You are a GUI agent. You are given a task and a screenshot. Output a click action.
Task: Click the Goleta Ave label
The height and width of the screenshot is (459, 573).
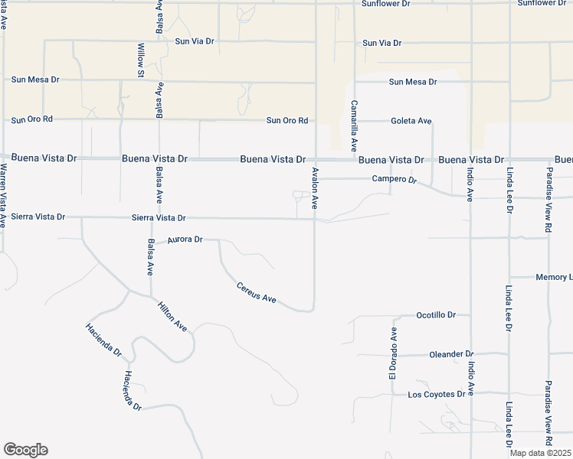pyautogui.click(x=411, y=121)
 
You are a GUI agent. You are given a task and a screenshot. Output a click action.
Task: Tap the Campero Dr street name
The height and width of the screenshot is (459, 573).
pyautogui.click(x=394, y=179)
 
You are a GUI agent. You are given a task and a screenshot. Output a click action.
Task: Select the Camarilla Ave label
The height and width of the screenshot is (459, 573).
pyautogui.click(x=354, y=125)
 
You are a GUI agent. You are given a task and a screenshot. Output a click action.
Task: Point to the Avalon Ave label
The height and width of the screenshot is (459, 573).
pyautogui.click(x=313, y=190)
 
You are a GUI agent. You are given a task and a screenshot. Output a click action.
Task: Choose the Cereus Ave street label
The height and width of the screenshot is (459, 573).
pyautogui.click(x=256, y=293)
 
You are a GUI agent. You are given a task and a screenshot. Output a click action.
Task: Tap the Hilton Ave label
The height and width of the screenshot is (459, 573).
pyautogui.click(x=172, y=316)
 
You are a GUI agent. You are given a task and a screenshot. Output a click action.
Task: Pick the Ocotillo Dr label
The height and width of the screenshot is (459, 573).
pyautogui.click(x=435, y=314)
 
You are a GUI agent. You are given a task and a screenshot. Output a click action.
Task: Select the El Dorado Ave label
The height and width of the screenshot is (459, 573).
pyautogui.click(x=393, y=353)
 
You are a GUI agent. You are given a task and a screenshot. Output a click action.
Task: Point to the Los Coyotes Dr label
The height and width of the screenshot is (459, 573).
pyautogui.click(x=436, y=395)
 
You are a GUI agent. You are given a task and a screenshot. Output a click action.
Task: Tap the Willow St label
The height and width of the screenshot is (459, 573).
pyautogui.click(x=141, y=60)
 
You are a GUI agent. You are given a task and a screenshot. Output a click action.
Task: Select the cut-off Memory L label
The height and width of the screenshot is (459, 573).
pyautogui.click(x=553, y=277)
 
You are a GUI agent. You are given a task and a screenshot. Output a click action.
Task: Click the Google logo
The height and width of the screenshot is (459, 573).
pyautogui.click(x=25, y=450)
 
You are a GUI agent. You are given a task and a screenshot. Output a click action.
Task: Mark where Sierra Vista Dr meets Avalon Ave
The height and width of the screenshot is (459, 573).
pyautogui.click(x=315, y=219)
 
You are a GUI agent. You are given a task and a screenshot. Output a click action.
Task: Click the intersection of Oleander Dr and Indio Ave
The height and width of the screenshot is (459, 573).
pyautogui.click(x=471, y=354)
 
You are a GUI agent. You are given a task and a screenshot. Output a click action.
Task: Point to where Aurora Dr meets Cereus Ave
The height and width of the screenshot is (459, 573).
pyautogui.click(x=220, y=240)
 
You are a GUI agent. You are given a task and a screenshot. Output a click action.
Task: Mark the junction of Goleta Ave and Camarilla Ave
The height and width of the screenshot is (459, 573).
pyautogui.click(x=355, y=121)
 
